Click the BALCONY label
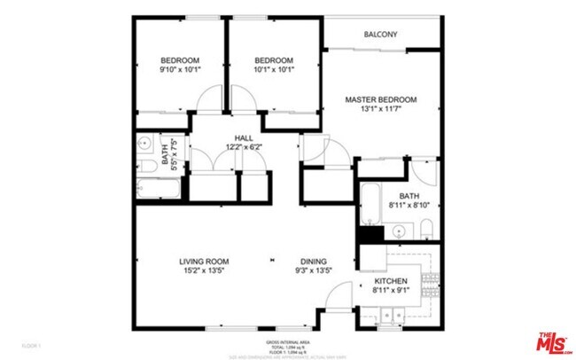380,35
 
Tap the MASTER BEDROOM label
380,100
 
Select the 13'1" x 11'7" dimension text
380,111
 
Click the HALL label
244,137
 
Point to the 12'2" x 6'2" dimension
244,147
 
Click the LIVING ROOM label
205,261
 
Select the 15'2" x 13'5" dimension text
205,270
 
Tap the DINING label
313,261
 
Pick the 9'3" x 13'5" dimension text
313,270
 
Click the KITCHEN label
390,280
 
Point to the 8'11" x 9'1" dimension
390,290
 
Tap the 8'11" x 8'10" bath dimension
409,206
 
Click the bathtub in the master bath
370,203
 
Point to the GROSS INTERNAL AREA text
288,341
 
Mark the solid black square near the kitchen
370,234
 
